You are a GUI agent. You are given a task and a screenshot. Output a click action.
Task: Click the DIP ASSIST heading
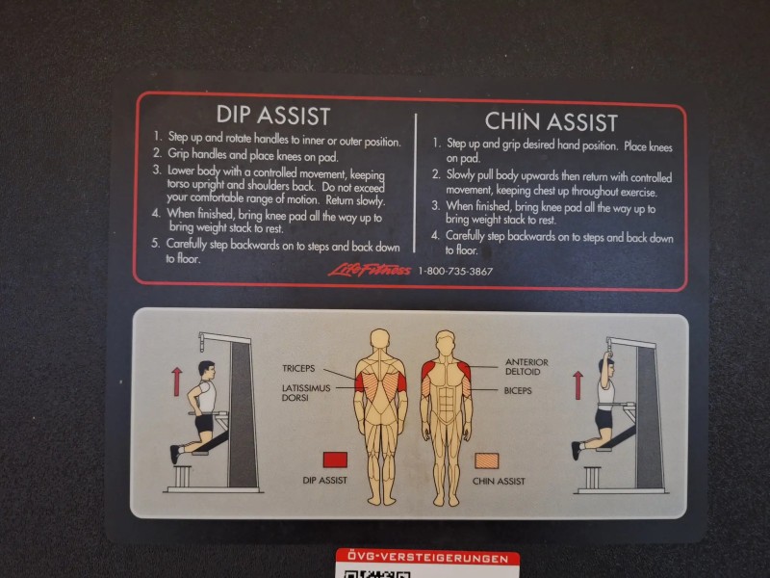273,115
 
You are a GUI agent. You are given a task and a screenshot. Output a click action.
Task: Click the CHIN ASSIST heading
551,122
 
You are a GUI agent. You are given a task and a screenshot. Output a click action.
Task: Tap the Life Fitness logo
370,270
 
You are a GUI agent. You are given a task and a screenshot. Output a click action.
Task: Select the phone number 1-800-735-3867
455,271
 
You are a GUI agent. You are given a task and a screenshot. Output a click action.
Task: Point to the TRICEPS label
298,368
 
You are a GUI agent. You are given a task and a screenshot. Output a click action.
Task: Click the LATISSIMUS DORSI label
306,392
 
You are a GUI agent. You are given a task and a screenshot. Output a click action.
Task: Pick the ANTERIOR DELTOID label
526,367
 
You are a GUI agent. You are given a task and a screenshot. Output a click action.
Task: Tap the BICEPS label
518,391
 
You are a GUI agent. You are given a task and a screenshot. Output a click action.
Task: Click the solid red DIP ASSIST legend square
335,460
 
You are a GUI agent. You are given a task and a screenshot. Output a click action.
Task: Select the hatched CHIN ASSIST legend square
487,461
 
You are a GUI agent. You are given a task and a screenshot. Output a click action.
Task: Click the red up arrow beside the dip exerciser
177,381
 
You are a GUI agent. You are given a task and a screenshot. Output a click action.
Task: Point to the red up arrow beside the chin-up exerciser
578,384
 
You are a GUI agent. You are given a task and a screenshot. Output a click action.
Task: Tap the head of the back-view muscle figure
379,341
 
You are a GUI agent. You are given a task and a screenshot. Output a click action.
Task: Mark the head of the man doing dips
207,370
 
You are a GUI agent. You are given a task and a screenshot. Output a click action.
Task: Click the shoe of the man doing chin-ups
576,450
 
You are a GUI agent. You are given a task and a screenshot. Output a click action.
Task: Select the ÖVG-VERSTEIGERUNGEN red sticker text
427,558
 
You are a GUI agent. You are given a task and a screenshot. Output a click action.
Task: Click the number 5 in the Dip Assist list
155,243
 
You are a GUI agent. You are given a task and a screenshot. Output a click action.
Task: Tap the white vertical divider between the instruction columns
416,183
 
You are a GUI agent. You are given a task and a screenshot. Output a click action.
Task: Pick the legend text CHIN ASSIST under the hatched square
499,481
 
